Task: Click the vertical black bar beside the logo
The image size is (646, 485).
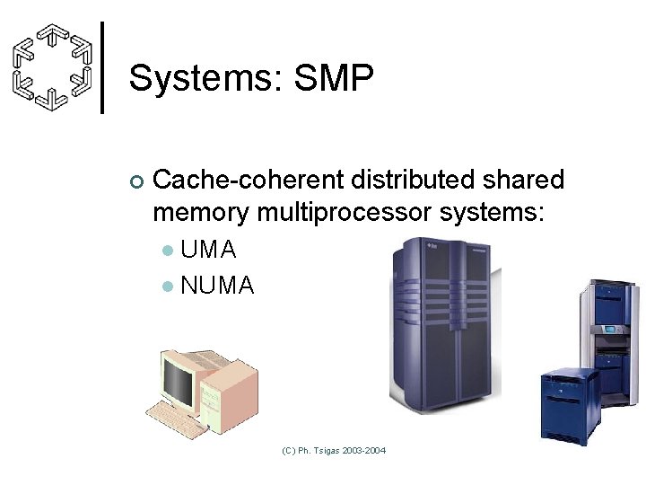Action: tap(102, 67)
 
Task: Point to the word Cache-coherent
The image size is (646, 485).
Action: tap(249, 181)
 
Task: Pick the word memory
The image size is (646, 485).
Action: tap(201, 213)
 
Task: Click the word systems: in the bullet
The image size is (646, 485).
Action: tap(490, 213)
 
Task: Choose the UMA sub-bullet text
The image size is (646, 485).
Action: tap(208, 249)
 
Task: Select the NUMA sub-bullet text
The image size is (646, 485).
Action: tap(217, 286)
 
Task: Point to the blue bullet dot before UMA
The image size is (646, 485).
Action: tap(167, 250)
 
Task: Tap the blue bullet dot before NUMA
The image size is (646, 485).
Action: tap(167, 287)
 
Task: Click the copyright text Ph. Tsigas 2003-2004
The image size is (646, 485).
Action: tap(334, 449)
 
